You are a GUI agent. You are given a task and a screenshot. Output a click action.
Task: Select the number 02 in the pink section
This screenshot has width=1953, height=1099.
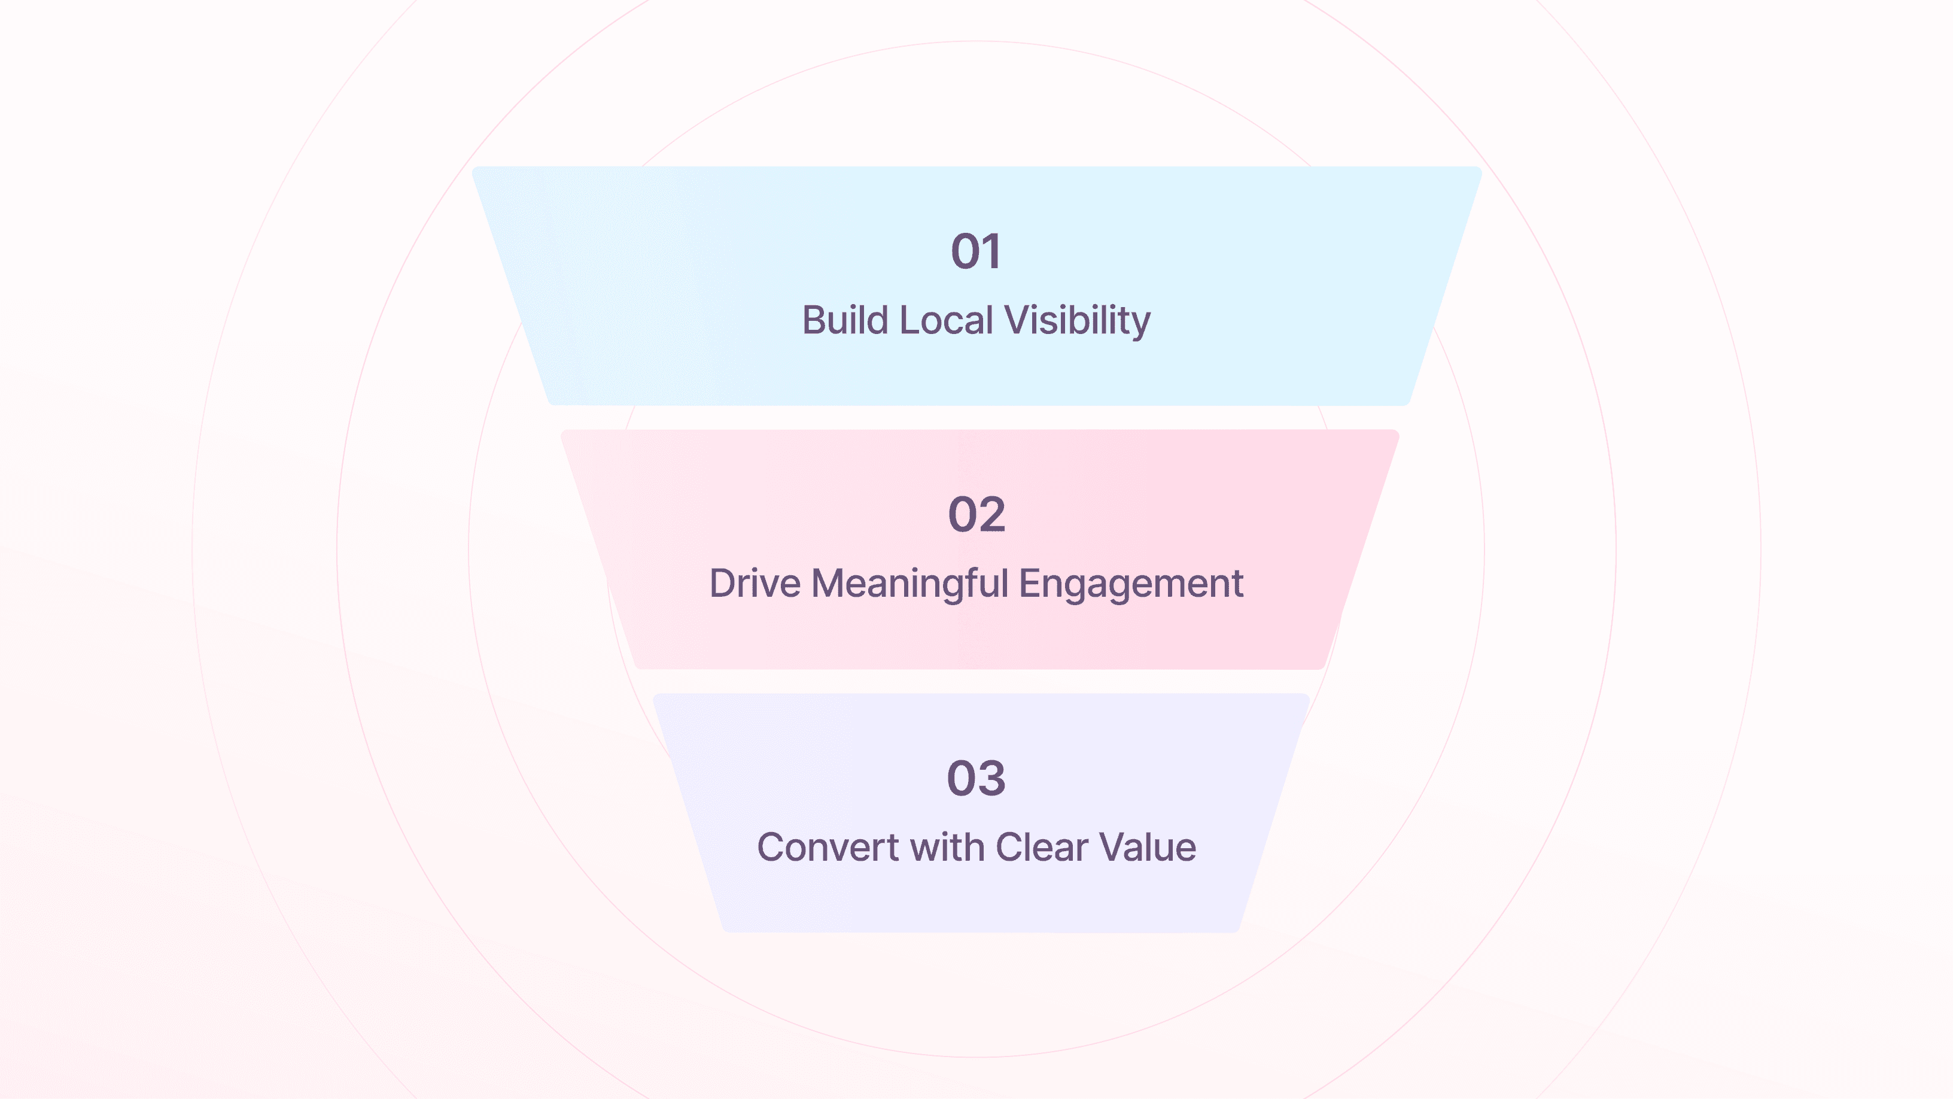click(x=977, y=515)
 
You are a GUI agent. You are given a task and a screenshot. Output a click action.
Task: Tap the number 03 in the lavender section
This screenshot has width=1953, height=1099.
click(x=977, y=778)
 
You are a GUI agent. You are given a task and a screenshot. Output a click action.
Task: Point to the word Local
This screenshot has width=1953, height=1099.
click(x=946, y=320)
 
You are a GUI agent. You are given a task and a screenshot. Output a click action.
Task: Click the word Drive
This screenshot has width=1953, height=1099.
click(x=755, y=584)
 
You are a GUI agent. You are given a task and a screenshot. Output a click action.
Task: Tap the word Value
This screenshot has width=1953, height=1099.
click(x=1148, y=847)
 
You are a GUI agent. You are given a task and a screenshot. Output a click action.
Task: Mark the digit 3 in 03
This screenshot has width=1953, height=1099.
click(x=991, y=778)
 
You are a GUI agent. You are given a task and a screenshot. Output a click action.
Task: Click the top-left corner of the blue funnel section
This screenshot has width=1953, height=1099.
click(x=475, y=170)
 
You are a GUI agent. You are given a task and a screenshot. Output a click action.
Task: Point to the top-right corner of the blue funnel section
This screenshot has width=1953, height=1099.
click(x=1478, y=170)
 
